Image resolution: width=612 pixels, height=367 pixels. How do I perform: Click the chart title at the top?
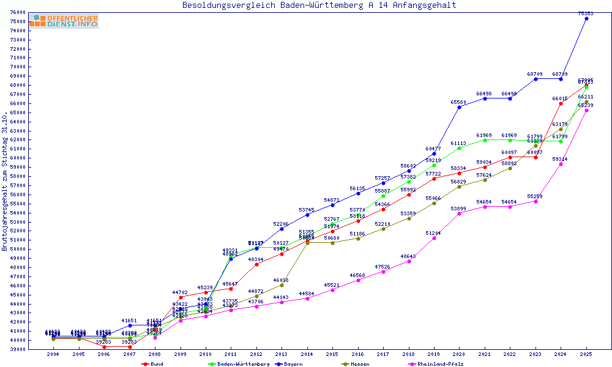pos(319,6)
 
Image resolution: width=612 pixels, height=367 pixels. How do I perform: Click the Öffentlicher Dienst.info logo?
pos(63,21)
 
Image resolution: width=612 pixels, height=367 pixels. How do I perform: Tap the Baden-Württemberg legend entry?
pos(239,364)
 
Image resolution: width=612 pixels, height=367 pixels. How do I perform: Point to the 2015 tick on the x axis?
pos(332,354)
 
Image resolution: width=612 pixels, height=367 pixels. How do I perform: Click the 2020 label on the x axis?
pos(459,354)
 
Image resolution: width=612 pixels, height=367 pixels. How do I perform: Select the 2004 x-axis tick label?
pos(53,354)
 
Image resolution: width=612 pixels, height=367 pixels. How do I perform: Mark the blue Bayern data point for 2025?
pos(586,18)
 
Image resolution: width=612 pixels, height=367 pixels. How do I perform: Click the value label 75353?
pos(586,13)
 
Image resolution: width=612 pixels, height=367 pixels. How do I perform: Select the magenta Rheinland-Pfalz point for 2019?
pos(434,238)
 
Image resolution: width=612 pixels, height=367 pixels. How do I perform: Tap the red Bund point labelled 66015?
pos(561,103)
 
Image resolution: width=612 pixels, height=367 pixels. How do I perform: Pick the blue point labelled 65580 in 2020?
pos(459,107)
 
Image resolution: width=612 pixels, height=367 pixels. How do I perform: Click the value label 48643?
pos(408,256)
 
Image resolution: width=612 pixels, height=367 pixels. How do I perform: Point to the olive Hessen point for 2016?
pos(358,239)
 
